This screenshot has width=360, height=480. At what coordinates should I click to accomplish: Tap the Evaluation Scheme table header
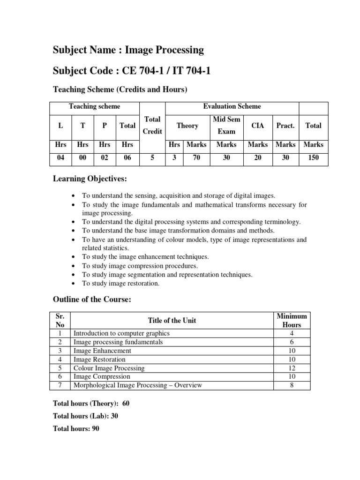tap(232, 107)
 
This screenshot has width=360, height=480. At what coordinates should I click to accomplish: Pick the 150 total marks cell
tap(313, 158)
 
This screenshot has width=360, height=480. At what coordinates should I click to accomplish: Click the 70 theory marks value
tap(196, 158)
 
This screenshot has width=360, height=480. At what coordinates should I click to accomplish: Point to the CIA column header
tap(258, 126)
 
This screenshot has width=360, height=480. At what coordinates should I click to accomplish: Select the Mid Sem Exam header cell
tap(226, 126)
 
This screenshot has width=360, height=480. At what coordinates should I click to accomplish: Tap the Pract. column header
tap(285, 126)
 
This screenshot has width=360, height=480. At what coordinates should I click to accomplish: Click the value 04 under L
tap(60, 158)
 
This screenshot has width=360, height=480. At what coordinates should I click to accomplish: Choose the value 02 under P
tap(104, 158)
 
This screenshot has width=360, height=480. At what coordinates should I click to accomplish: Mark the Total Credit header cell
tap(152, 126)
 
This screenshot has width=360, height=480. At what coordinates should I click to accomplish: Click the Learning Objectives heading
tap(90, 179)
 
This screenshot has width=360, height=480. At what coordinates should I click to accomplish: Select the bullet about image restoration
tap(121, 283)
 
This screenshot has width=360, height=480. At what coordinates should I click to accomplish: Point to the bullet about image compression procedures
tap(133, 266)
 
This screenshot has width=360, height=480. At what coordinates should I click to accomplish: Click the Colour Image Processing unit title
tap(109, 368)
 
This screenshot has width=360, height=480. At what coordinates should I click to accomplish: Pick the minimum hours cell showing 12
tap(292, 368)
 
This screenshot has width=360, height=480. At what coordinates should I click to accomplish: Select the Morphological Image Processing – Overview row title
tap(138, 385)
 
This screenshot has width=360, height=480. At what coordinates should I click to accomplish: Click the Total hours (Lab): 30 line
tap(85, 416)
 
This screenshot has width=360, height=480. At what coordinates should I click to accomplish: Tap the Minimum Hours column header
tap(292, 321)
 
